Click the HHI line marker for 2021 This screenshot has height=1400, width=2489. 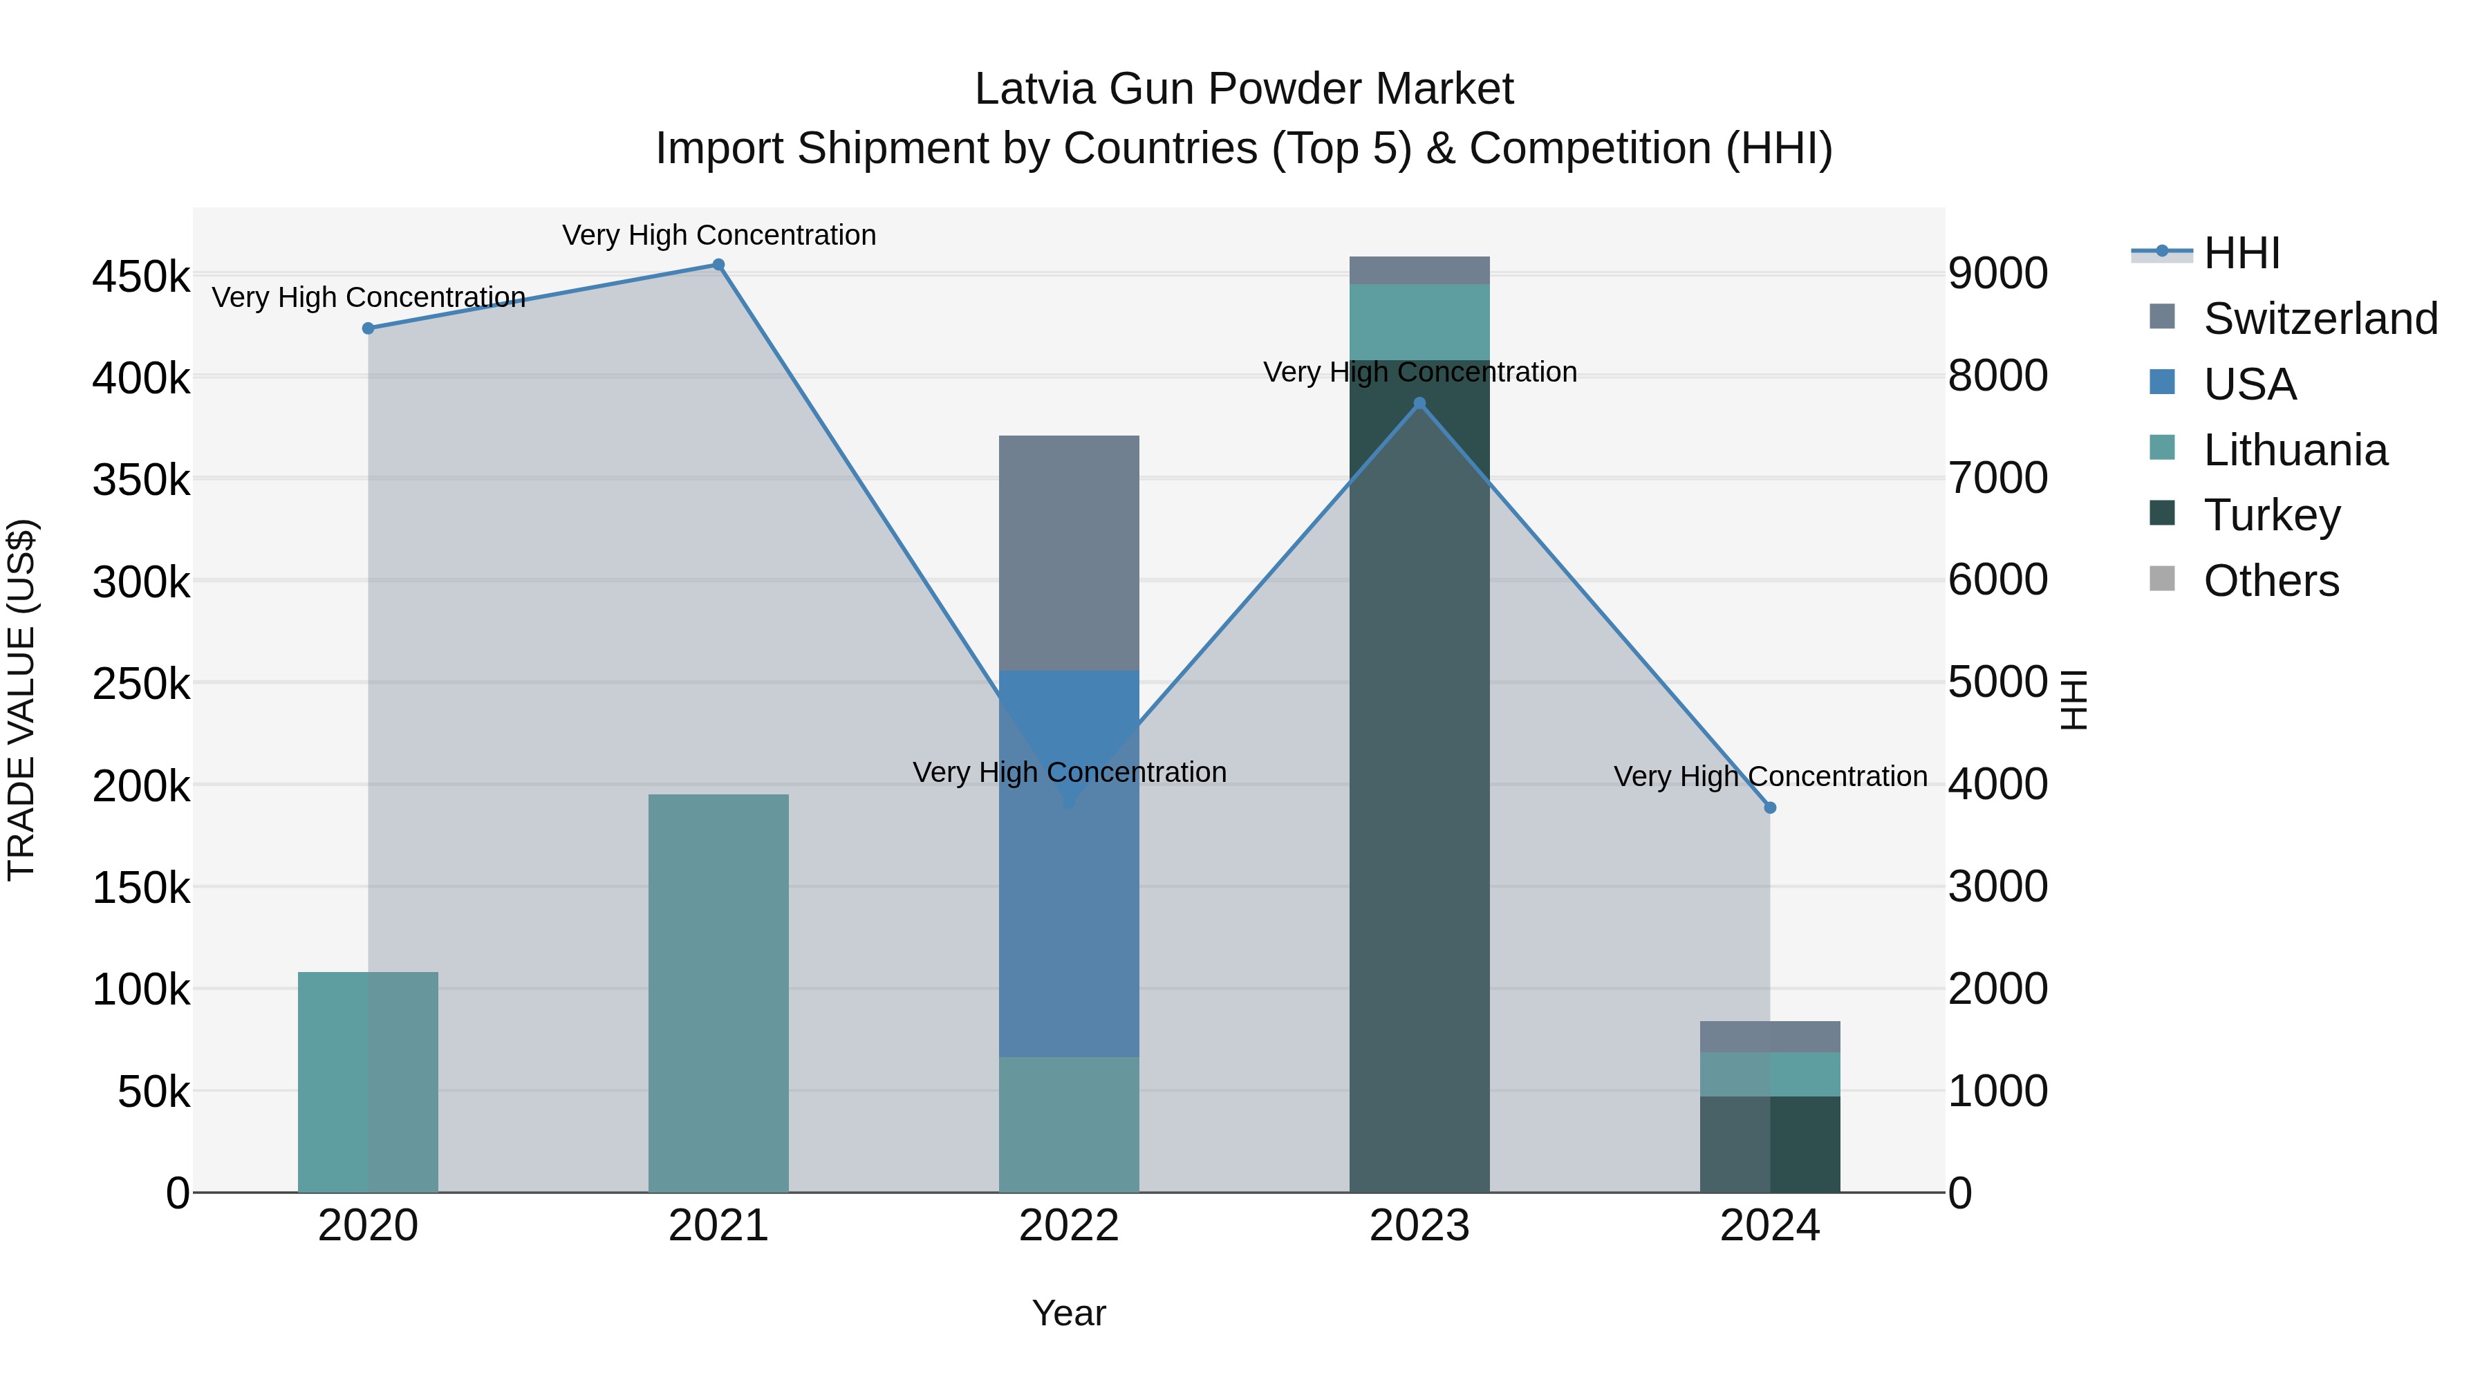[718, 265]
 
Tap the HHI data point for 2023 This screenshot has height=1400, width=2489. [1419, 404]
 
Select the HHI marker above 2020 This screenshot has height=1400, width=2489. [368, 328]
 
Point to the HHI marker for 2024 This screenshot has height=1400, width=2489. [1770, 808]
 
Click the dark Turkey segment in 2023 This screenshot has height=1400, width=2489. [1419, 792]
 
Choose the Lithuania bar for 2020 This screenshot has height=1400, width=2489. [368, 1082]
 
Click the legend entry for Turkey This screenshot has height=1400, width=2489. [2271, 515]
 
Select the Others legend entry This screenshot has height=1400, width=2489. [2271, 581]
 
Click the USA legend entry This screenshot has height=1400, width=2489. [2248, 384]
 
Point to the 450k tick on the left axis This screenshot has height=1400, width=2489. [141, 277]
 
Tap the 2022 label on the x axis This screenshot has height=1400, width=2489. [1069, 1226]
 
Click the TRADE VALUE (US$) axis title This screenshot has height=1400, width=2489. [21, 700]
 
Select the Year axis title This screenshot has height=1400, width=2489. [1069, 1313]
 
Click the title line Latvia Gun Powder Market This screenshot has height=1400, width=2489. [1244, 89]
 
